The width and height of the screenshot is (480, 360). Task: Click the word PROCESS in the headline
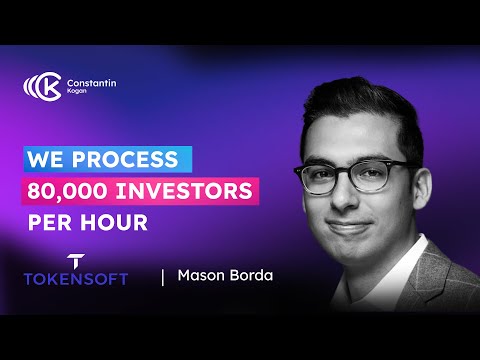pos(129,158)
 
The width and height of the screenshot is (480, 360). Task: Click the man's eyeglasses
pos(360,171)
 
